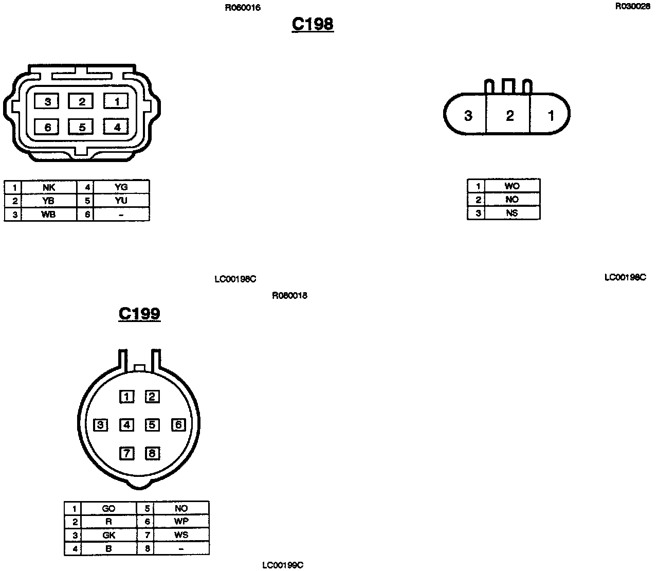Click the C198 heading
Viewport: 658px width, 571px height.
click(313, 24)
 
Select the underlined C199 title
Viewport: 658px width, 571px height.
click(139, 314)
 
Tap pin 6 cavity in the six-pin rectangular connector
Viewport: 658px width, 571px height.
click(48, 127)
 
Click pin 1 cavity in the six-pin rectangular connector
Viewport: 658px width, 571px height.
click(117, 101)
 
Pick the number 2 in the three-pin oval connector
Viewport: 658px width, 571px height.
click(509, 115)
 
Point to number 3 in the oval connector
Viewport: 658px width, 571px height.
click(468, 115)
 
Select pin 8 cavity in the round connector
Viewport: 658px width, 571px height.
click(152, 453)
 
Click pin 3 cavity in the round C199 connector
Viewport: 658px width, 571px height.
click(101, 425)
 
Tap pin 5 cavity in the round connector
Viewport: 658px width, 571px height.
click(152, 425)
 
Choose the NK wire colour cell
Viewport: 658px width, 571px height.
click(49, 187)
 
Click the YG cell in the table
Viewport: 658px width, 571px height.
click(121, 187)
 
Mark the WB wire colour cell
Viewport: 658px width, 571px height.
click(49, 215)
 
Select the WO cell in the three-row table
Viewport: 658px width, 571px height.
click(512, 186)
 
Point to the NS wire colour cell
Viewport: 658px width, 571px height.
click(512, 213)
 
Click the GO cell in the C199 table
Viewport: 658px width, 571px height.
click(108, 508)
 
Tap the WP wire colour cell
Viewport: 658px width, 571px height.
click(181, 522)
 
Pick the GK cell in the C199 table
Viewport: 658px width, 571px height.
click(108, 535)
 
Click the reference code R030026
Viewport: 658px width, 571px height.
click(632, 7)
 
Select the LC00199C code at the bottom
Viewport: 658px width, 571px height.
click(283, 565)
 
